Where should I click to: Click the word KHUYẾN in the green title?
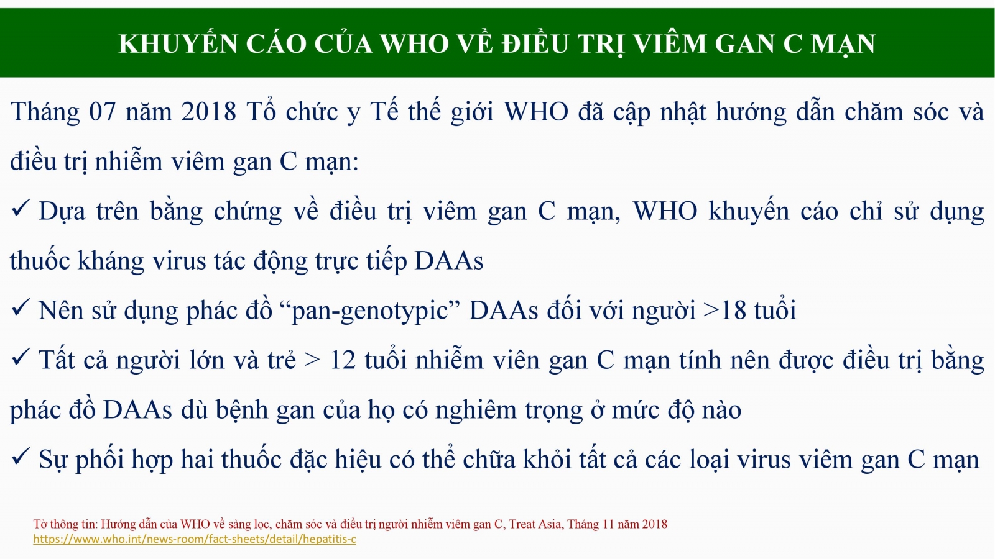178,43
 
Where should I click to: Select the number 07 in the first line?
103,111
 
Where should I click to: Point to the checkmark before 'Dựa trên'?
21,208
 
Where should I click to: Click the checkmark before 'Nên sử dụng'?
21,307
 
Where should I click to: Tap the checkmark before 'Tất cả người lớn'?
21,357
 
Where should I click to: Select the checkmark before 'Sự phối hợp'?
21,457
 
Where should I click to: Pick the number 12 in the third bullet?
343,360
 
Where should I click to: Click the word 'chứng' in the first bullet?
248,212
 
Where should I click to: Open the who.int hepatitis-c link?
195,540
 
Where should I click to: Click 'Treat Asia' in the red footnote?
535,524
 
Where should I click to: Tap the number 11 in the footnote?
608,524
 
